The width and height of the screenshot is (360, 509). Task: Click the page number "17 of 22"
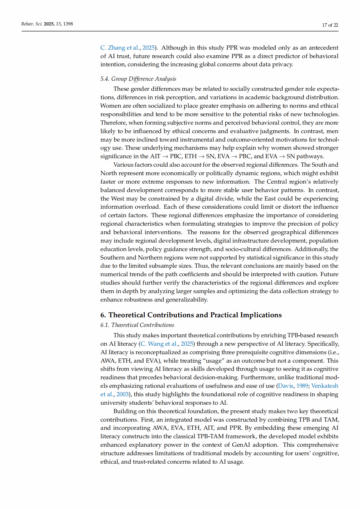tap(330, 25)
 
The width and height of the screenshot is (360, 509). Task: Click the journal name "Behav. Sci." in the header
tap(32, 24)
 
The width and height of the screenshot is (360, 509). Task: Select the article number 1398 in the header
tap(68, 24)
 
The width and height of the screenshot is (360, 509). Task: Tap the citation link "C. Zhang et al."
tap(120, 48)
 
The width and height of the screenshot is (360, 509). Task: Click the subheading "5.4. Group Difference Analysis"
tap(138, 79)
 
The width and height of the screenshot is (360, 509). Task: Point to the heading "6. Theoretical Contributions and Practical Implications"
tap(191, 315)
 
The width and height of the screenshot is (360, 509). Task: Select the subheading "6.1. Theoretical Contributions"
tap(137, 325)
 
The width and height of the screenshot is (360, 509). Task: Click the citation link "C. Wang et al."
tap(159, 344)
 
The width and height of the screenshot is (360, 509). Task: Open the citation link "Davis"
tap(286, 386)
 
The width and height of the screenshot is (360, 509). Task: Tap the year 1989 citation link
tap(302, 386)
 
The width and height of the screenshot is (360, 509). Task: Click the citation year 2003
tap(123, 394)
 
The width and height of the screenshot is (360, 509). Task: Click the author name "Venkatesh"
tap(325, 386)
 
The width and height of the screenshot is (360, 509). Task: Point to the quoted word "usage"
tap(214, 361)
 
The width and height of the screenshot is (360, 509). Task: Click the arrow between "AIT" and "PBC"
tap(165, 156)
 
